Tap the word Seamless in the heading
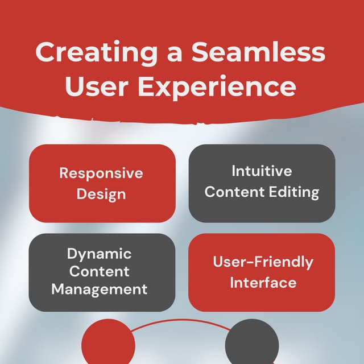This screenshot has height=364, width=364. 258,53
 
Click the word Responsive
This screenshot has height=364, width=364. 101,173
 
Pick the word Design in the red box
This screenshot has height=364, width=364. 101,194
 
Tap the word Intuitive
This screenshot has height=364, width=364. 262,171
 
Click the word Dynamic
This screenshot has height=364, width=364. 99,254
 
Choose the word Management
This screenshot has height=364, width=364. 99,289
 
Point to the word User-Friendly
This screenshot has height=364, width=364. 263,262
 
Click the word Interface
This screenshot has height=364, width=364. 263,283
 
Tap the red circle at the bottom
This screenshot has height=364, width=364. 108,345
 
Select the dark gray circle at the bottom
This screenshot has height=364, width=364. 252,345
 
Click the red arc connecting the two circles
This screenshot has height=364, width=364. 180,322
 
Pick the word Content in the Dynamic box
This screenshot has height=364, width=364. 99,271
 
